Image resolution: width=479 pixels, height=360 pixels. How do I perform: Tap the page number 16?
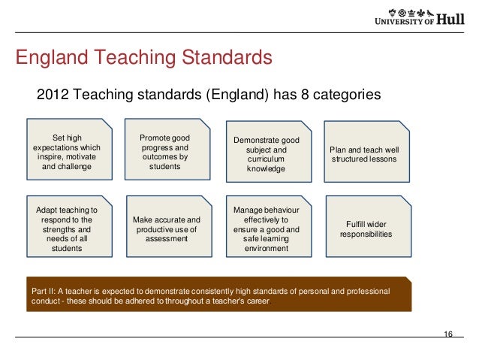tap(448, 334)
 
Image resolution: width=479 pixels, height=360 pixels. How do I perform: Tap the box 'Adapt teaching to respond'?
tap(68, 225)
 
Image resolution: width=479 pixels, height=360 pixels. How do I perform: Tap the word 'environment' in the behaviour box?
tap(266, 248)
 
